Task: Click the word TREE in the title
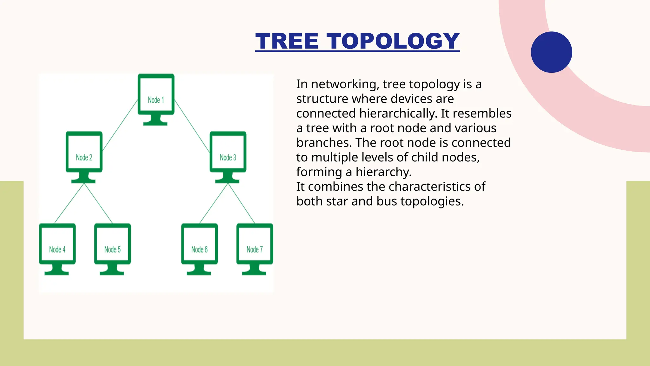(x=287, y=41)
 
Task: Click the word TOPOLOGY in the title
(x=393, y=41)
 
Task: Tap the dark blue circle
(x=551, y=52)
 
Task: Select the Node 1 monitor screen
(x=156, y=95)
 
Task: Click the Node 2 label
(x=84, y=158)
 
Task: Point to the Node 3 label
(x=228, y=158)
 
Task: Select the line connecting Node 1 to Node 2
(x=120, y=125)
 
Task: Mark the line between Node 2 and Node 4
(x=70, y=203)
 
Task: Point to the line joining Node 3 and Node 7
(x=241, y=203)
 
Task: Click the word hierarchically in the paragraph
(x=398, y=113)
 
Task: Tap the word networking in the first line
(x=345, y=84)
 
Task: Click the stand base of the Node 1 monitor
(x=155, y=123)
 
